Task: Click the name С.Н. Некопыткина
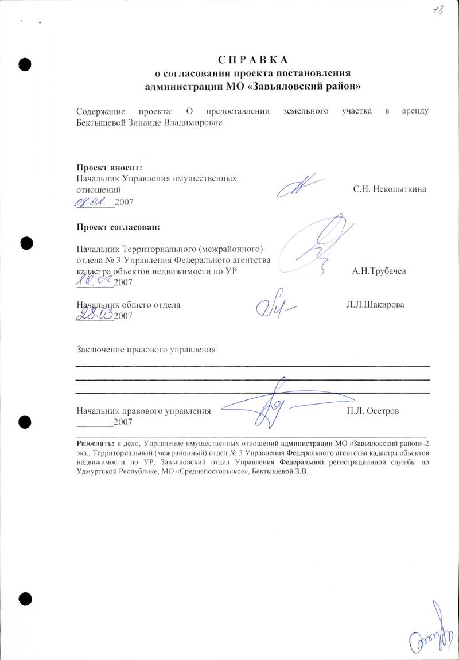390,189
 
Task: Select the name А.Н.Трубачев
379,271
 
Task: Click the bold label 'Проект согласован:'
118,226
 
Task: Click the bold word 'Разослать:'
96,444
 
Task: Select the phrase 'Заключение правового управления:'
147,349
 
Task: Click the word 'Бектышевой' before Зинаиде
101,122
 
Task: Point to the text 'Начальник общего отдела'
129,305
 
